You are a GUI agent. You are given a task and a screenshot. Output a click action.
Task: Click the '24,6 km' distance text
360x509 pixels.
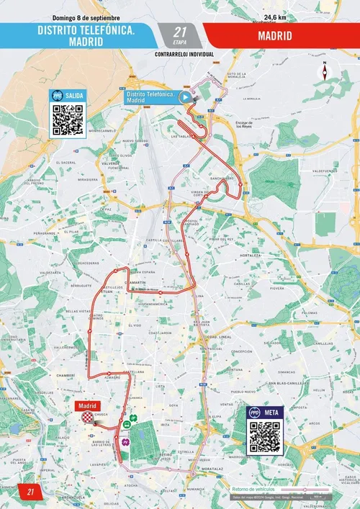click(275, 17)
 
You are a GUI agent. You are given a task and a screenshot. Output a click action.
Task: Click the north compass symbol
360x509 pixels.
click(325, 71)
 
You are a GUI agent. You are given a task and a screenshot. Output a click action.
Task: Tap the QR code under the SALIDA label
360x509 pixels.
click(68, 120)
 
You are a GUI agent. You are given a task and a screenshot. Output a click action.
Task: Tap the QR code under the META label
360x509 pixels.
click(264, 437)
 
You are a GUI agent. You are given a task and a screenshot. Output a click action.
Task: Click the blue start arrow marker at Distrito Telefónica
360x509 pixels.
click(185, 97)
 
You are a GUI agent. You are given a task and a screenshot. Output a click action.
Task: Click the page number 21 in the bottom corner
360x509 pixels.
click(31, 492)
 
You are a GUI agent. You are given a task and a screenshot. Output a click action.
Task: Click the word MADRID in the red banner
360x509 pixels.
click(281, 34)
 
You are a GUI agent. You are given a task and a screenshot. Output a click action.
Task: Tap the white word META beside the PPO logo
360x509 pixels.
click(273, 412)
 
